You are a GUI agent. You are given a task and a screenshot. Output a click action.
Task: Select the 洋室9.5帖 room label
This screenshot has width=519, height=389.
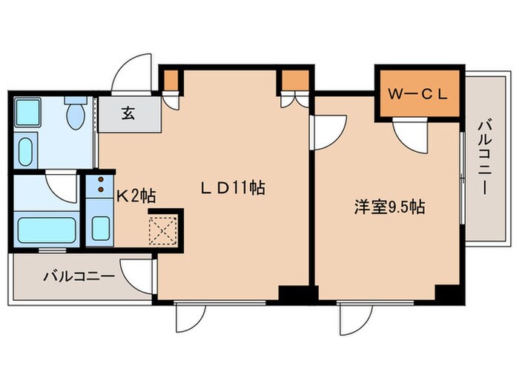click(388, 208)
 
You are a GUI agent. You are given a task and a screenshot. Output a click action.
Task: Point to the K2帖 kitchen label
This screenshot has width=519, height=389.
click(136, 196)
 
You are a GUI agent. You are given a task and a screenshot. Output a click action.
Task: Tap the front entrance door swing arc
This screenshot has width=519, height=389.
click(130, 74)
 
